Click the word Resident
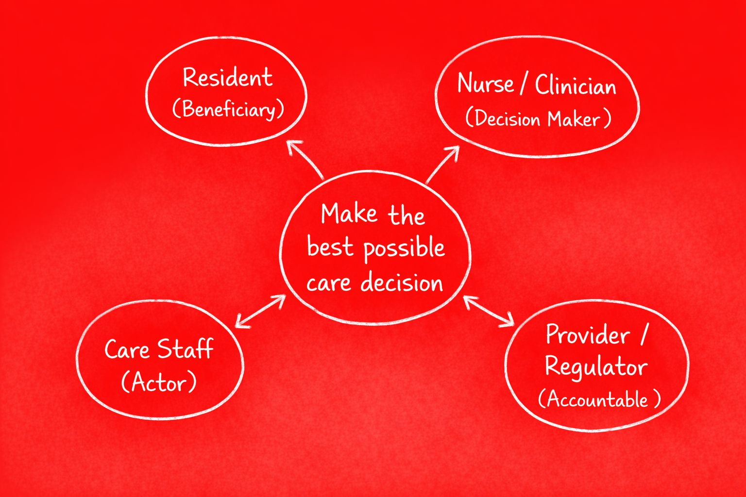click(227, 78)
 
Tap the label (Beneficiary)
click(228, 109)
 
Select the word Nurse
click(485, 83)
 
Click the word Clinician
click(576, 85)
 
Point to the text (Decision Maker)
click(538, 119)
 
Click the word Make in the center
click(349, 214)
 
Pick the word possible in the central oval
click(404, 249)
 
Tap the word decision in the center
click(402, 282)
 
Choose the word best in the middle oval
click(330, 247)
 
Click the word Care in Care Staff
click(127, 349)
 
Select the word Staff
click(185, 348)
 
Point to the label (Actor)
click(159, 382)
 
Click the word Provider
click(588, 335)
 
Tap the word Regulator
click(596, 366)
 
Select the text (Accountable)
click(599, 399)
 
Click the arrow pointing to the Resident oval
click(305, 159)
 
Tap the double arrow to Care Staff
click(260, 311)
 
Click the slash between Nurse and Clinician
click(524, 84)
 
